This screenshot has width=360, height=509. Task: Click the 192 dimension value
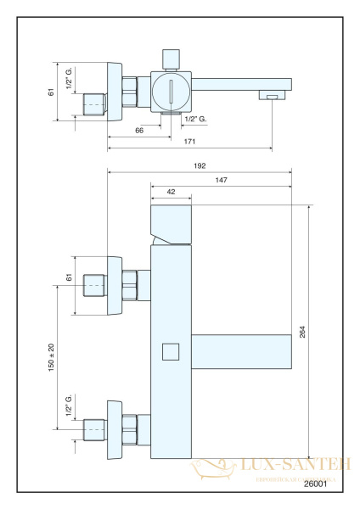point(200,166)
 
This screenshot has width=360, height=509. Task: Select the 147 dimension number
point(221,180)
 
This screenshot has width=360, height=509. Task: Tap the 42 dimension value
point(172,193)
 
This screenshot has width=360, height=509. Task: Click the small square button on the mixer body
point(171,350)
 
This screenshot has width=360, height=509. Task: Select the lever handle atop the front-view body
point(172,224)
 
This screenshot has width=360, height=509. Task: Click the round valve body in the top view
point(171,90)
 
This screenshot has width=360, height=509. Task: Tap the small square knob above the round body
point(171,57)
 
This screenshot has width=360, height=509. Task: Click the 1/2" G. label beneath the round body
point(194,119)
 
